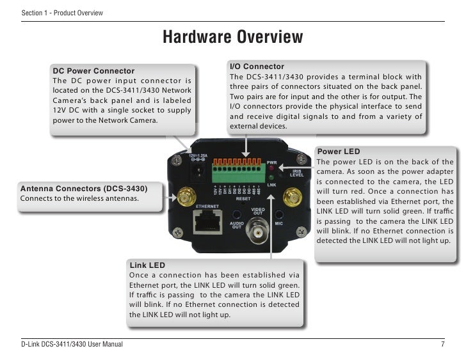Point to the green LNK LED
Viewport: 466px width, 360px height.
click(271, 178)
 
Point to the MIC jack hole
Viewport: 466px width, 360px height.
click(278, 215)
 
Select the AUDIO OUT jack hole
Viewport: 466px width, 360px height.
click(237, 215)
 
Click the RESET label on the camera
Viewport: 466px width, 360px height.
click(243, 199)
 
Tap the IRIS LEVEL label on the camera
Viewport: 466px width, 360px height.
click(296, 173)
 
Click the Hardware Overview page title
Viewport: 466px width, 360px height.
click(232, 37)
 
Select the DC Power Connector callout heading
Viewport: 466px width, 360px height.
click(93, 71)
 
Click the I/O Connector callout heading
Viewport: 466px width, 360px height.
click(257, 67)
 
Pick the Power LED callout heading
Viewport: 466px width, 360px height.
click(339, 152)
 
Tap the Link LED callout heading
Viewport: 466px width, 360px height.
click(147, 265)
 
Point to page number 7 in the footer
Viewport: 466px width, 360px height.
click(442, 345)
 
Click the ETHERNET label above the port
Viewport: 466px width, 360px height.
click(207, 207)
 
